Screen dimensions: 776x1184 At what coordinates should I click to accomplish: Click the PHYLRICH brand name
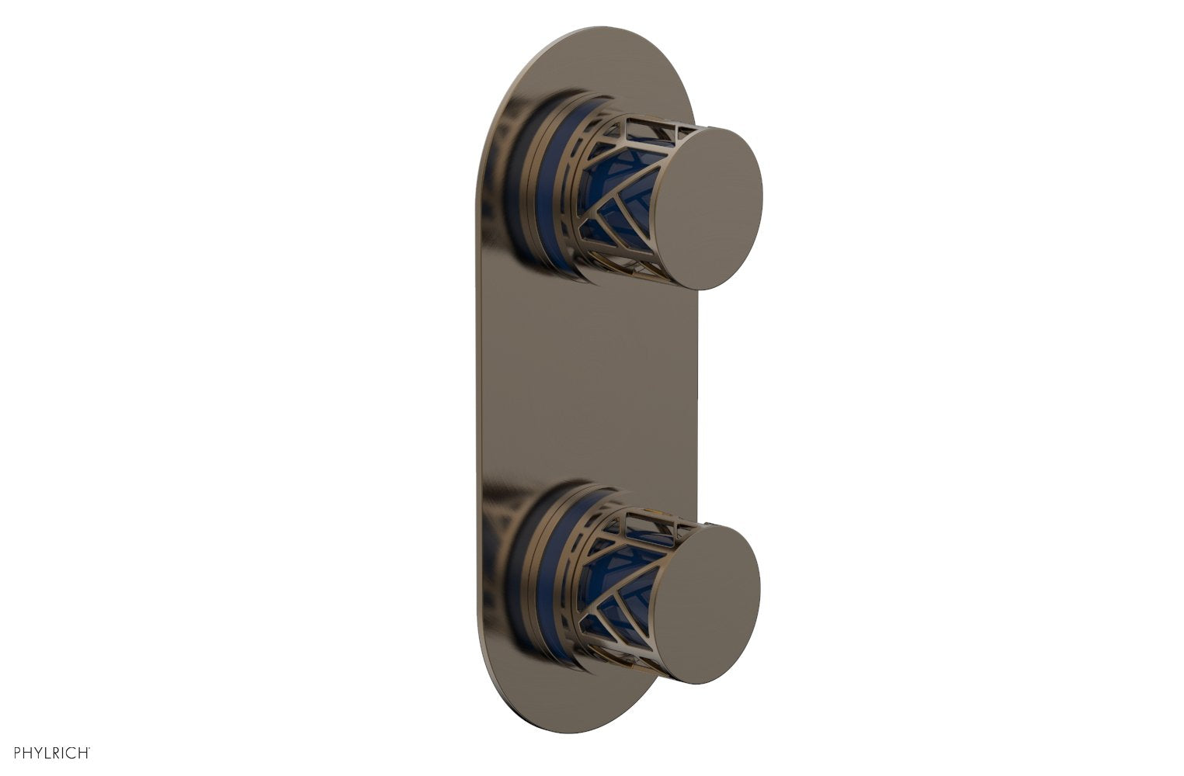(48, 753)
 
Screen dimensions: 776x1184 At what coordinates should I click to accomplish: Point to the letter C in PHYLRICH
(71, 753)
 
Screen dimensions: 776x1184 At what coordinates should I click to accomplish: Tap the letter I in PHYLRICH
(62, 753)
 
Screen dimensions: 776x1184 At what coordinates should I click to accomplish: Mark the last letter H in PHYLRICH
(83, 753)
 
